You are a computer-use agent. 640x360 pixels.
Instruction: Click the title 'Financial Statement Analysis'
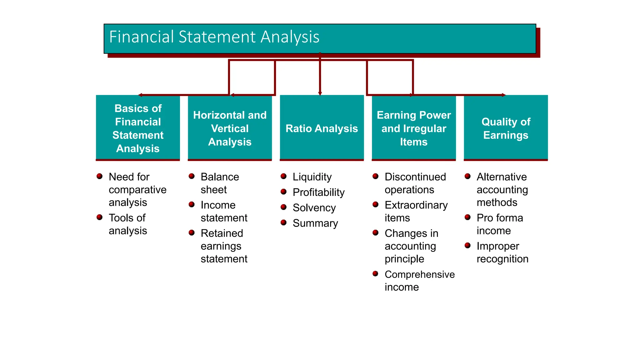[x=214, y=37]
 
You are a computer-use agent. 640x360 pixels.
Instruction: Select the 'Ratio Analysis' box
[x=322, y=128]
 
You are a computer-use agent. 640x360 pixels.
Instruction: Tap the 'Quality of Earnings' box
[x=506, y=128]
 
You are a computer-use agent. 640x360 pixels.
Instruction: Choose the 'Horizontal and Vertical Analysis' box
[x=230, y=128]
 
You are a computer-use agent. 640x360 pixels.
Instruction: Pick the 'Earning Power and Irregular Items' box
[x=414, y=128]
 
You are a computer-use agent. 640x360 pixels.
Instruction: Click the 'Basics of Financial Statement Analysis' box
[x=138, y=128]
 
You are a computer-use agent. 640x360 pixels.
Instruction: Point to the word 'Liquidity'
[x=312, y=177]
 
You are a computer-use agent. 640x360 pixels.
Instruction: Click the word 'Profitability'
[x=318, y=192]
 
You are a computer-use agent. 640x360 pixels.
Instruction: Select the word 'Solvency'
[x=314, y=208]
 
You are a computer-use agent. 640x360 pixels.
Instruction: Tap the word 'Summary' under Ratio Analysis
[x=315, y=223]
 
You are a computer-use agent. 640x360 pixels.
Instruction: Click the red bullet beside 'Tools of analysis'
[x=100, y=217]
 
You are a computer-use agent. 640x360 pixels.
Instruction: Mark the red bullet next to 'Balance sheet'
[x=192, y=176]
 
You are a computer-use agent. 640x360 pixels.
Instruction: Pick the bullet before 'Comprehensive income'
[x=376, y=274]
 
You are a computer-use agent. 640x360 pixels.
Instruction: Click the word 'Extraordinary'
[x=416, y=205]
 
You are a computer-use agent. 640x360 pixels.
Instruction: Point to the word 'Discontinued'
[x=415, y=177]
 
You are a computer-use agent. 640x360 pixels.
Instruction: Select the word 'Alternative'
[x=502, y=177]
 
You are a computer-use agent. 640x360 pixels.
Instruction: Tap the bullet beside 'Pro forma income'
[x=467, y=217]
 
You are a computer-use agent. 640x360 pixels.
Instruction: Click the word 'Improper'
[x=498, y=246]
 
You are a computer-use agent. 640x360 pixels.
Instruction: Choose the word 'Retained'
[x=222, y=233]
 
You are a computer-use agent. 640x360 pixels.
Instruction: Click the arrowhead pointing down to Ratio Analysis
[x=320, y=93]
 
